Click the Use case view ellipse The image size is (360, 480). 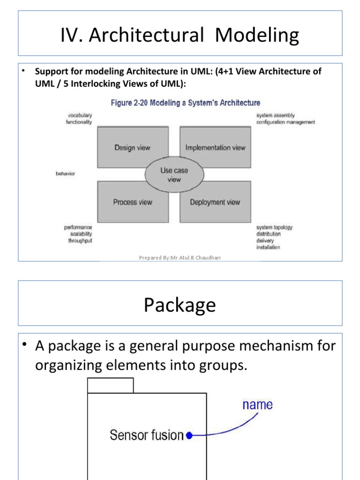coord(173,174)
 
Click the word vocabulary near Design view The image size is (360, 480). coord(79,115)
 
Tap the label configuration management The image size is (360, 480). coord(285,122)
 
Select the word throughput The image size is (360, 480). coord(80,240)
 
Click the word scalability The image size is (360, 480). coord(81,234)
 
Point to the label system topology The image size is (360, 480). coord(274,227)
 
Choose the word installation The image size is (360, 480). coord(268,247)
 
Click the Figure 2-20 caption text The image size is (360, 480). coord(185,103)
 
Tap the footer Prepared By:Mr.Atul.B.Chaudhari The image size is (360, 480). coord(180,257)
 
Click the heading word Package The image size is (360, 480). coord(180,305)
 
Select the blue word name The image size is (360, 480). coord(257,405)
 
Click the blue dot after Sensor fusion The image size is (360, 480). coord(189,435)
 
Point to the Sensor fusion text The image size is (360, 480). coord(147,435)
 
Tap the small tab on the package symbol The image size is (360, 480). coord(110,385)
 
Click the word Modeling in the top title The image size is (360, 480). coord(257,36)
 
